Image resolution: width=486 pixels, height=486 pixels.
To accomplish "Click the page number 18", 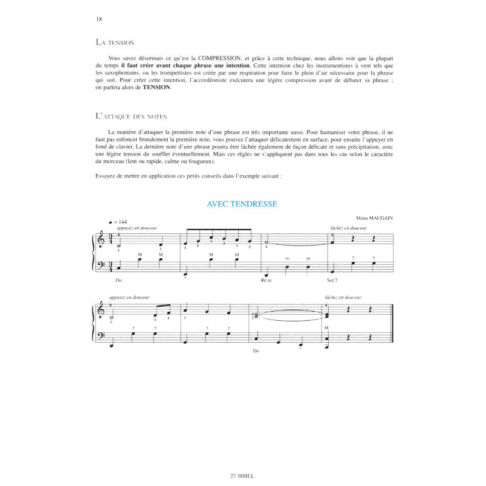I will click(x=99, y=19).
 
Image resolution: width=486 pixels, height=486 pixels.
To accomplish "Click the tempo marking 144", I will click(x=123, y=221).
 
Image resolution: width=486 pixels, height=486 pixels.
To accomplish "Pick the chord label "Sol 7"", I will click(x=332, y=281).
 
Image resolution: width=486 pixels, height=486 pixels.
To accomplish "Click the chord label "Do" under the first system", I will click(x=118, y=281).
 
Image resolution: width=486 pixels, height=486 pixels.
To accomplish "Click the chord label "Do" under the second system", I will click(x=256, y=351).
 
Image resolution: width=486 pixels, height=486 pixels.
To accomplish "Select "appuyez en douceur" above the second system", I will click(x=131, y=298).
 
